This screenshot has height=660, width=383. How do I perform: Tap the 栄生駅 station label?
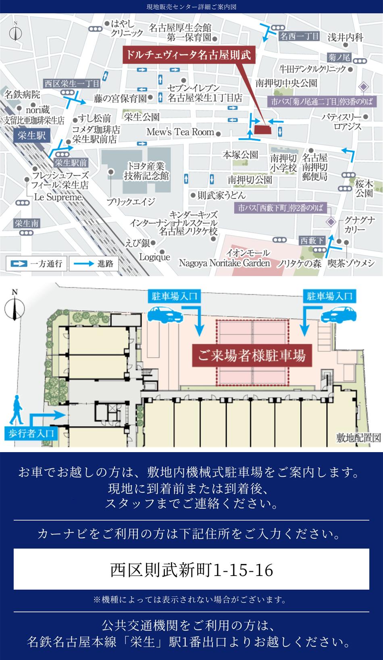pyautogui.click(x=32, y=135)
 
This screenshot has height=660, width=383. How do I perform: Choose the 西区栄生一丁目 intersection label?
pyautogui.click(x=71, y=84)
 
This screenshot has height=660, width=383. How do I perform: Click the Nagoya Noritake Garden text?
pyautogui.click(x=224, y=263)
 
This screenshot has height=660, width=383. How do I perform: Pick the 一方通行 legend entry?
pyautogui.click(x=37, y=264)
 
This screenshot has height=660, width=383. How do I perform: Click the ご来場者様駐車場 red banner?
pyautogui.click(x=252, y=355)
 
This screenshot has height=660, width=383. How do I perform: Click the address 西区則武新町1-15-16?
pyautogui.click(x=191, y=570)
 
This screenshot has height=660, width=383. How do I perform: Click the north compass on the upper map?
pyautogui.click(x=15, y=32)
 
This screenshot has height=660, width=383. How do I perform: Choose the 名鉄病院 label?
pyautogui.click(x=22, y=95)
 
